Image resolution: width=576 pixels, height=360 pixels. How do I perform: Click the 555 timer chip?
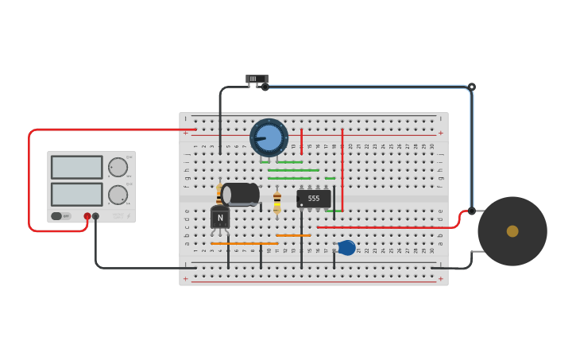314,199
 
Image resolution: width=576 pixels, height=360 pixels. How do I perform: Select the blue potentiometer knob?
269,137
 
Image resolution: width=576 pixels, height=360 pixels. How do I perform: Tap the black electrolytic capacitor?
240,194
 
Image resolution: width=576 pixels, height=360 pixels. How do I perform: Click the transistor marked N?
220,218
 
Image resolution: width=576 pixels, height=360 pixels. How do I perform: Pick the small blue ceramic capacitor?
346,248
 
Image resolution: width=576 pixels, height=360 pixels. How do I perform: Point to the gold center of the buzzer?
512,231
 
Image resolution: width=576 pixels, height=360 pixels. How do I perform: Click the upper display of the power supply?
77,167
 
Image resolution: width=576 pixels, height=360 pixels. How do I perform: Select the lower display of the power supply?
77,194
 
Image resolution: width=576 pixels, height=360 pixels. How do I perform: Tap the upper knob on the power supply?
118,167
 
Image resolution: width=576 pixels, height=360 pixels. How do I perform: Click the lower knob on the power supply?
118,195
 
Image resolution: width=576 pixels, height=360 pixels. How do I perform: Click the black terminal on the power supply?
95,216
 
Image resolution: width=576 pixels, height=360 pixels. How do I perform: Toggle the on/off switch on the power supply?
60,216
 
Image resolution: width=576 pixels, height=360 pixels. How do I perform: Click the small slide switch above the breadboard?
257,79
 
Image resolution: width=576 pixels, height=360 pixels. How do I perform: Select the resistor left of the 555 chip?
276,201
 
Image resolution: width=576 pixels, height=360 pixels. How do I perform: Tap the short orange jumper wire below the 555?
293,235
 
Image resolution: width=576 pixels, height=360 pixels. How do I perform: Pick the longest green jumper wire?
293,170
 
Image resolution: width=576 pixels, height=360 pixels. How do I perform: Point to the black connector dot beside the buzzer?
471,211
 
